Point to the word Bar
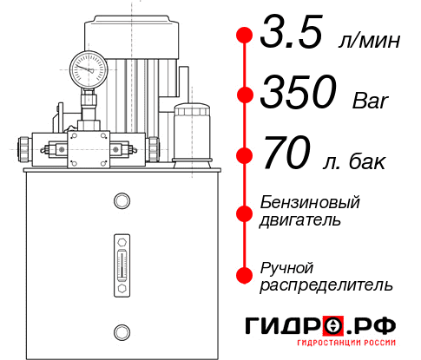click(x=372, y=101)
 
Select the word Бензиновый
click(x=309, y=202)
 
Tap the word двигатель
click(x=300, y=219)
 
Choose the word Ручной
click(x=287, y=266)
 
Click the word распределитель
click(x=326, y=285)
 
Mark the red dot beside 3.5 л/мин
click(x=245, y=36)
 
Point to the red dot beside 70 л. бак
click(x=245, y=156)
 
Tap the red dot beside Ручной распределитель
click(x=245, y=275)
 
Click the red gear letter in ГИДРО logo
click(x=332, y=325)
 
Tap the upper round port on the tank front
click(x=121, y=201)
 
